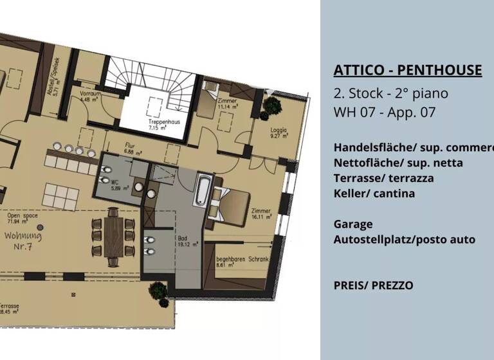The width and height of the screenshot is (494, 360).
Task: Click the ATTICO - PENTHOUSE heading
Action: (407, 70)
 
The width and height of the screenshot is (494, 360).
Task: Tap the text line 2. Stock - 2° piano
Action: (390, 93)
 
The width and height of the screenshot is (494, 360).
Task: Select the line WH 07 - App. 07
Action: (385, 112)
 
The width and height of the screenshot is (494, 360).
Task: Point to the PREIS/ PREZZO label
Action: (373, 285)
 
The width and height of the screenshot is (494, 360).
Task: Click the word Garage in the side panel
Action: (353, 224)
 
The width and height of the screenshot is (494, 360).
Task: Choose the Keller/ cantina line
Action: (374, 194)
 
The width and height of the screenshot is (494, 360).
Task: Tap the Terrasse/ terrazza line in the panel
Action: (383, 178)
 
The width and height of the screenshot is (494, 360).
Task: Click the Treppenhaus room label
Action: (153, 124)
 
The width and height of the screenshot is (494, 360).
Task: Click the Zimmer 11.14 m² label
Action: (227, 104)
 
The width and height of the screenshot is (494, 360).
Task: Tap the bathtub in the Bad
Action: (202, 190)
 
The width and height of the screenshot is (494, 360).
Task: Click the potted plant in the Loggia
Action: (272, 104)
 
